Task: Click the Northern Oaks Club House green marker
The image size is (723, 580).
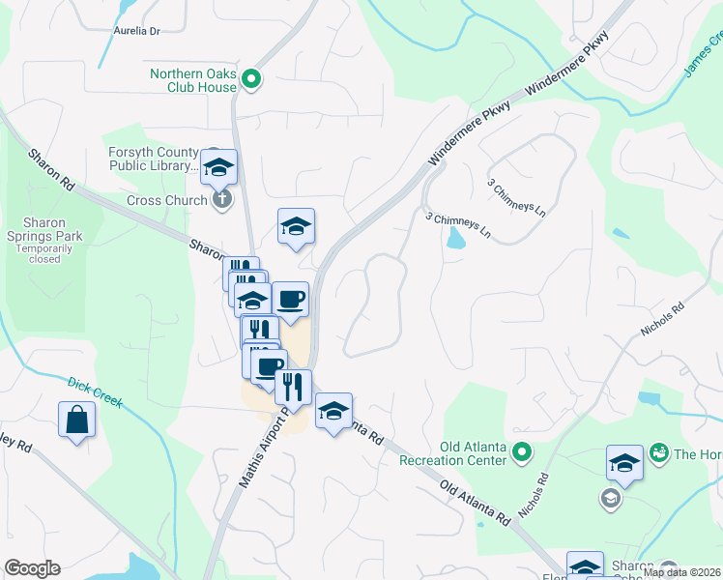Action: click(252, 79)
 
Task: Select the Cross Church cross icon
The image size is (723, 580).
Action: click(221, 200)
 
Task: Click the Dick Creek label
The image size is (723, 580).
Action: click(95, 391)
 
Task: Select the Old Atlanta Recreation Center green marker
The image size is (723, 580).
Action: click(522, 451)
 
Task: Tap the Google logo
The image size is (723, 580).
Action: click(32, 568)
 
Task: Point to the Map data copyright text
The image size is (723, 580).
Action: click(680, 572)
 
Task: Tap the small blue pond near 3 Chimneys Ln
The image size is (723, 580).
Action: click(451, 239)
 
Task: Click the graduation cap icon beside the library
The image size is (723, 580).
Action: click(219, 168)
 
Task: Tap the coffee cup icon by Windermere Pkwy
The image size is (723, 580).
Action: click(290, 299)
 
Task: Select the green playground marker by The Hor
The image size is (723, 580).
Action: click(660, 452)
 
